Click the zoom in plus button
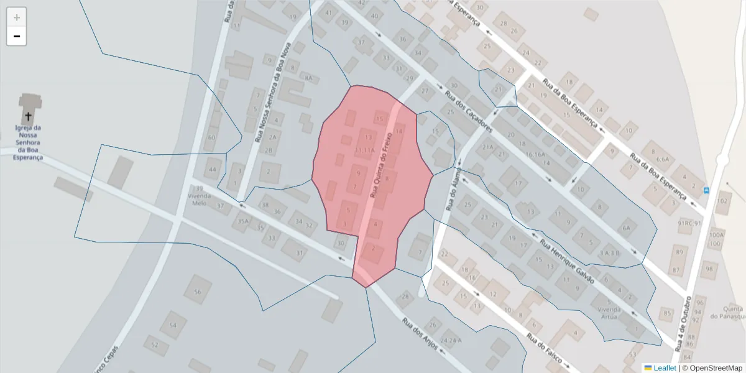tap(16, 17)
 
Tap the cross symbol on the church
tap(28, 116)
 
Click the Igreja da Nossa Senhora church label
tap(29, 142)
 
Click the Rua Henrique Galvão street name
tap(567, 261)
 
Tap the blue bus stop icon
tap(706, 190)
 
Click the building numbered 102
tap(722, 201)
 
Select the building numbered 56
tap(198, 292)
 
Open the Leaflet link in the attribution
tap(665, 368)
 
